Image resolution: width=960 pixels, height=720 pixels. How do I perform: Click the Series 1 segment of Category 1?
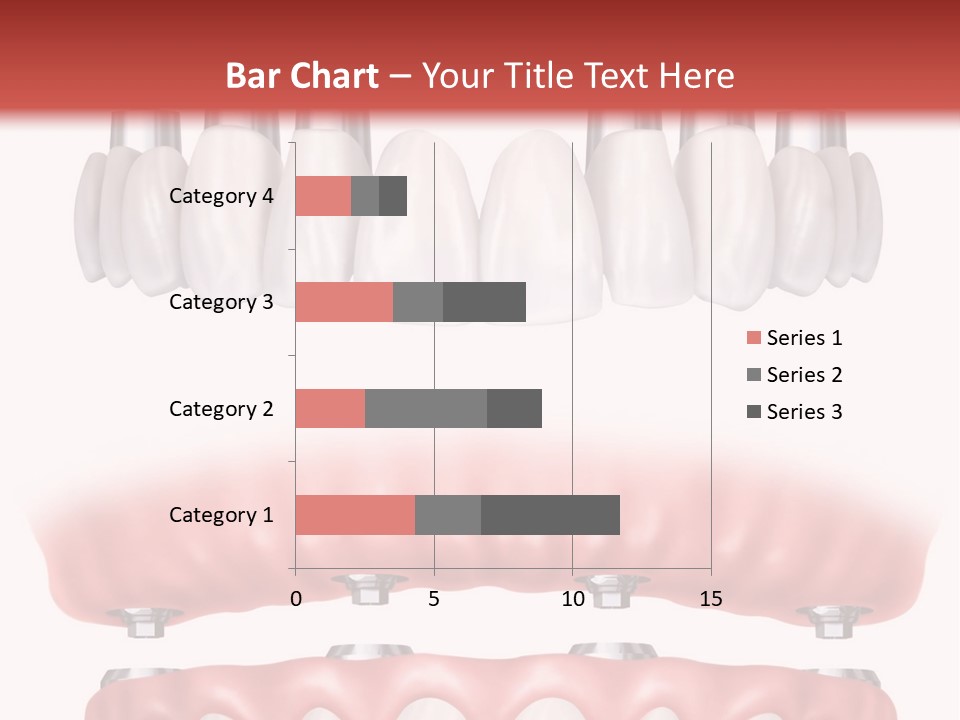point(355,515)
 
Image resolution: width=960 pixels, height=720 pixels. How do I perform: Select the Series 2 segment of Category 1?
point(448,515)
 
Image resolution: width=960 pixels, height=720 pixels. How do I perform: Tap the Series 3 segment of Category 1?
point(550,515)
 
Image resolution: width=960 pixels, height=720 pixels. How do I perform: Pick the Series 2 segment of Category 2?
point(426,408)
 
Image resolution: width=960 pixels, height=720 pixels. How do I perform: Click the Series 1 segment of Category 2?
point(330,408)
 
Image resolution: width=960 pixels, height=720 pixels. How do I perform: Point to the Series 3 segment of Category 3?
point(484,302)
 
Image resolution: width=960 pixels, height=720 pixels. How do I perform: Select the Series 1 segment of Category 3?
point(344,302)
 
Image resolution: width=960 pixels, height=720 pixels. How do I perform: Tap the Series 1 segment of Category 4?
point(323,196)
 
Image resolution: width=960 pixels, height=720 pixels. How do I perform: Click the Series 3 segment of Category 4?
point(393,196)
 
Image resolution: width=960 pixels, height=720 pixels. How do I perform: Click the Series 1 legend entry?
point(795,338)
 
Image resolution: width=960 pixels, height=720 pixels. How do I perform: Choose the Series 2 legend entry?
point(795,375)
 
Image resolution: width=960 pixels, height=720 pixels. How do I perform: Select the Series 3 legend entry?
point(795,412)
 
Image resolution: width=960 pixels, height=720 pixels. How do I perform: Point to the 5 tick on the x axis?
point(434,599)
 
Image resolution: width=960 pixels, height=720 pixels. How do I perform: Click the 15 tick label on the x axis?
point(711,599)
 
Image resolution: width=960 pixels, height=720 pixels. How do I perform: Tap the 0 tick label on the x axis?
point(296,599)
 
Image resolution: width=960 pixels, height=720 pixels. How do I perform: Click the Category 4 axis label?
point(221,196)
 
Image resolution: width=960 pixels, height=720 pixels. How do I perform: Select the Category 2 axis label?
point(221,408)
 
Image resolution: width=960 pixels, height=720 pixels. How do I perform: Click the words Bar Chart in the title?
point(302,76)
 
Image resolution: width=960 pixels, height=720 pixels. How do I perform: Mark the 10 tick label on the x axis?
point(572,599)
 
